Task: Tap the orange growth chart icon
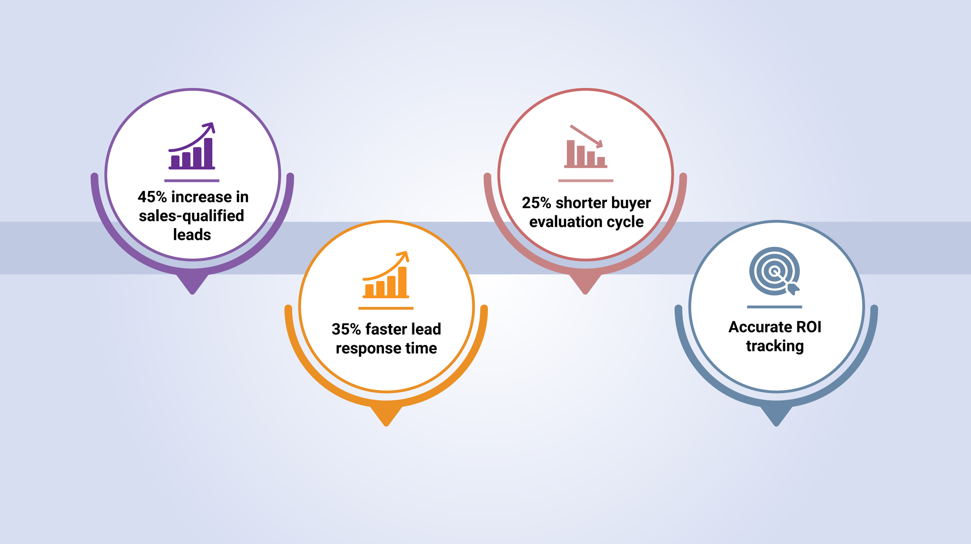(x=386, y=275)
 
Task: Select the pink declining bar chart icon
(x=586, y=146)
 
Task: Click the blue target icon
(x=775, y=271)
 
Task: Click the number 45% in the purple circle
(x=152, y=197)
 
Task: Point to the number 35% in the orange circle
(x=346, y=329)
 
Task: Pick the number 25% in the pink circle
(x=537, y=203)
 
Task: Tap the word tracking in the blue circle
(x=775, y=346)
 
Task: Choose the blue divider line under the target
(x=775, y=307)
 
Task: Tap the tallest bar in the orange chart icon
(x=403, y=281)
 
